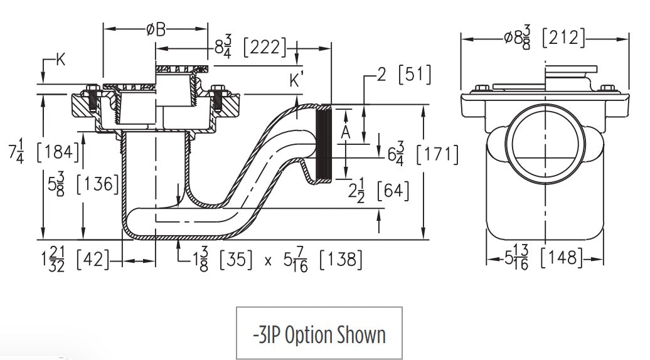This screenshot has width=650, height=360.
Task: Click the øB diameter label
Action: pyautogui.click(x=156, y=29)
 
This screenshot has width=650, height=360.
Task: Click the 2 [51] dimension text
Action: pyautogui.click(x=404, y=75)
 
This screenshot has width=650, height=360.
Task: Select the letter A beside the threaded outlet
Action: pyautogui.click(x=344, y=132)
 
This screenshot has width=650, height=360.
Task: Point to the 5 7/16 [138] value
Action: pyautogui.click(x=322, y=258)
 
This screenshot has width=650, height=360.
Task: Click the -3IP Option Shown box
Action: pyautogui.click(x=319, y=334)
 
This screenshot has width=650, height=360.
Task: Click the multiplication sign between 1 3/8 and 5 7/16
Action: pyautogui.click(x=269, y=260)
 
